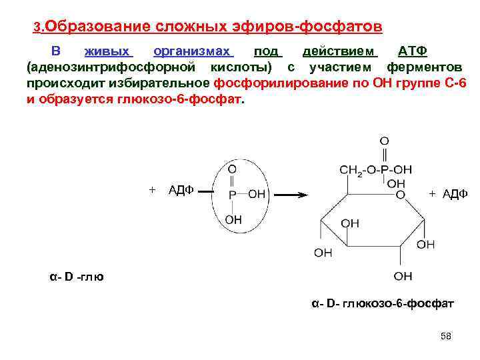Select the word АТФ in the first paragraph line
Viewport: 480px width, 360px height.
pos(413,52)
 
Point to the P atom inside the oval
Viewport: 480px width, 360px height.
pos(232,195)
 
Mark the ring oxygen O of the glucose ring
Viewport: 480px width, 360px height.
pos(401,195)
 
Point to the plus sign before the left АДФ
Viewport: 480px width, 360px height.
pos(152,190)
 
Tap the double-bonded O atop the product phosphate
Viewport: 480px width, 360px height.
pos(384,141)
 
